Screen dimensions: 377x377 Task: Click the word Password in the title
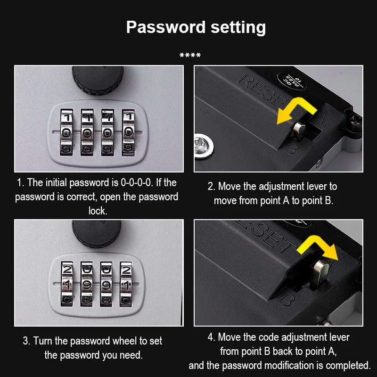pyautogui.click(x=166, y=27)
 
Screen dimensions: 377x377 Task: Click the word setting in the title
pyautogui.click(x=238, y=28)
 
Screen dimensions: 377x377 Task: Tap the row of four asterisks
pyautogui.click(x=190, y=55)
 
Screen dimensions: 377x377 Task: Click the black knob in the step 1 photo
pyautogui.click(x=98, y=80)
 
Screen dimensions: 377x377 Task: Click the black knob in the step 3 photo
pyautogui.click(x=97, y=233)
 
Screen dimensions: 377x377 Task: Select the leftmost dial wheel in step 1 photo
pyautogui.click(x=66, y=132)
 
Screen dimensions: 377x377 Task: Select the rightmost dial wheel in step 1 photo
pyautogui.click(x=128, y=132)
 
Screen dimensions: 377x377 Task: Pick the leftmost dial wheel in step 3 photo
pyautogui.click(x=67, y=284)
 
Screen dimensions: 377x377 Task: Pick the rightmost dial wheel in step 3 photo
pyautogui.click(x=126, y=284)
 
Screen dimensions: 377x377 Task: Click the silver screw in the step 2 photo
pyautogui.click(x=204, y=146)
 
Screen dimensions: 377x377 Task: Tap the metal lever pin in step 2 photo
pyautogui.click(x=298, y=131)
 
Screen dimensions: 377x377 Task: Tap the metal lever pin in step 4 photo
pyautogui.click(x=321, y=273)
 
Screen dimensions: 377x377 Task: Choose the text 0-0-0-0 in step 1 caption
pyautogui.click(x=137, y=183)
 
